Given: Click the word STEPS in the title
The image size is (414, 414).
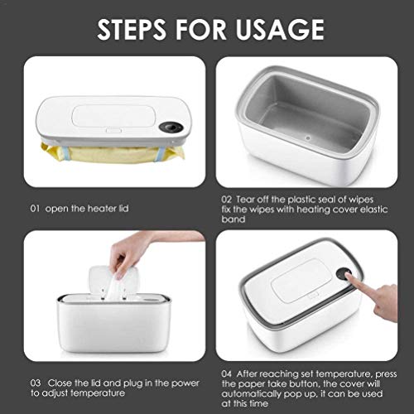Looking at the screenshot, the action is pyautogui.click(x=132, y=29).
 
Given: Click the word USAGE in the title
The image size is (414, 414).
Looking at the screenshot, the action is pyautogui.click(x=280, y=29).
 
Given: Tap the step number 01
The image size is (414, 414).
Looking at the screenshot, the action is pyautogui.click(x=35, y=209).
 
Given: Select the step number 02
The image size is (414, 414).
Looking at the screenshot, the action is pyautogui.click(x=226, y=200).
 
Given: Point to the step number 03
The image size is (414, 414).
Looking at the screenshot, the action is pyautogui.click(x=36, y=383).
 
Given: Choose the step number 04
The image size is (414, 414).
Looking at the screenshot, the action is pyautogui.click(x=227, y=373).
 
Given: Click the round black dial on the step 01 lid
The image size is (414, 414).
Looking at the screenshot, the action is pyautogui.click(x=171, y=128).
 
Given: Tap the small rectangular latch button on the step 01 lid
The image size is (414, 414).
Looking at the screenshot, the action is pyautogui.click(x=113, y=131).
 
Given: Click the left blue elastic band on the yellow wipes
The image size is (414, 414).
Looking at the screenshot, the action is pyautogui.click(x=65, y=153).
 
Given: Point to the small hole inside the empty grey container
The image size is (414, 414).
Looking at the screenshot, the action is pyautogui.click(x=308, y=137).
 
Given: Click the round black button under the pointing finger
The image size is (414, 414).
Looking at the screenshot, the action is pyautogui.click(x=344, y=273).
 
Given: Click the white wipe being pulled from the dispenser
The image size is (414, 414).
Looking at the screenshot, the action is pyautogui.click(x=116, y=287).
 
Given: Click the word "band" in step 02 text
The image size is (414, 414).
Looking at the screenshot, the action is pyautogui.click(x=233, y=219).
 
